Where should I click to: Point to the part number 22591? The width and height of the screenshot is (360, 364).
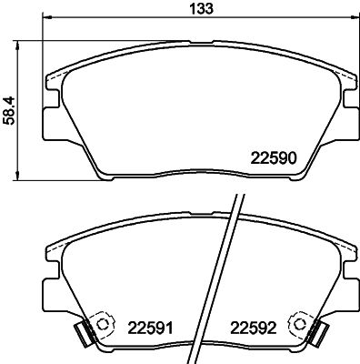(150, 327)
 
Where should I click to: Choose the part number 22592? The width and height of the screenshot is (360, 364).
(254, 327)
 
